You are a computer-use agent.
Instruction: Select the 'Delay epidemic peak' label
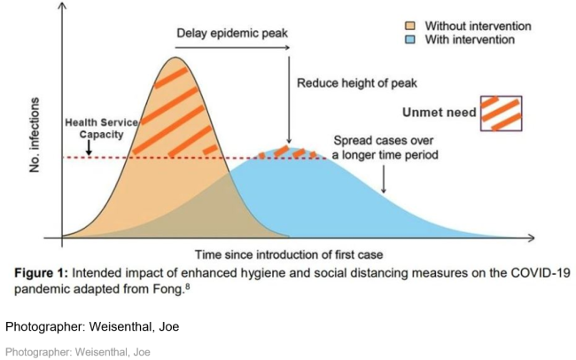(232, 34)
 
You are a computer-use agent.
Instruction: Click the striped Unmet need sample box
(502, 112)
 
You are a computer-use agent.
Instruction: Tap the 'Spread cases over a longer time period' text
(385, 147)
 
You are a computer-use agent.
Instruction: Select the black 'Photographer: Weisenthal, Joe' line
(92, 326)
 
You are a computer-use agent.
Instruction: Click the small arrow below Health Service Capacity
(90, 150)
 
